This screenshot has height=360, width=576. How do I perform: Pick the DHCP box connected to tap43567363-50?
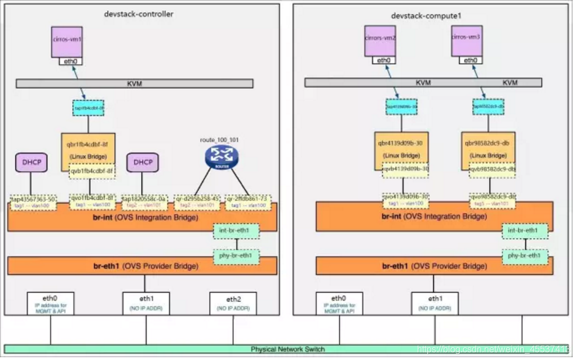[30, 163]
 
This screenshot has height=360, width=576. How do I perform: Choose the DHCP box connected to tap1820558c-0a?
[143, 163]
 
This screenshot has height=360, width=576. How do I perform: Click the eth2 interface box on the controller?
[233, 303]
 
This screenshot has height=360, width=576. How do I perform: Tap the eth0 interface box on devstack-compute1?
[339, 303]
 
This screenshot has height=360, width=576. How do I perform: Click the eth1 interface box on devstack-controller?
[146, 303]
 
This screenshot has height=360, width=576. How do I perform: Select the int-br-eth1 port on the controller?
[236, 230]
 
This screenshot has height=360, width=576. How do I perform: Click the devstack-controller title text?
[139, 14]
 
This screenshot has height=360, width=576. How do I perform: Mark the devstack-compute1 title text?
[426, 16]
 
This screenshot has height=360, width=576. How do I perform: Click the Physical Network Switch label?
[287, 349]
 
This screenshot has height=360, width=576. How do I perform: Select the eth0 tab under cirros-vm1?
[70, 60]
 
